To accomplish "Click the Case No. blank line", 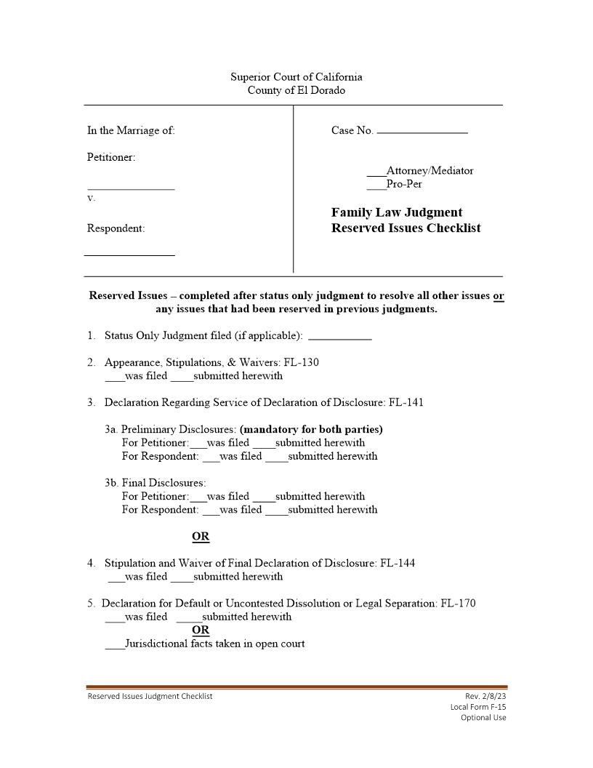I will pyautogui.click(x=422, y=132).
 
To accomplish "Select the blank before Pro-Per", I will pyautogui.click(x=376, y=187).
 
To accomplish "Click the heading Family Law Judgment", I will pyautogui.click(x=397, y=212).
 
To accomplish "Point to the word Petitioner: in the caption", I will pyautogui.click(x=111, y=157).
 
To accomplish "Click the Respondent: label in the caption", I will pyautogui.click(x=116, y=228).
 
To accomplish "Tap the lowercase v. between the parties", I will pyautogui.click(x=91, y=198).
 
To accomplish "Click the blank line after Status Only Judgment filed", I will pyautogui.click(x=339, y=338).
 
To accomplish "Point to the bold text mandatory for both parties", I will pyautogui.click(x=311, y=429).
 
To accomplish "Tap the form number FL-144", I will pyautogui.click(x=398, y=563).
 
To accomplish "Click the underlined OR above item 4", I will pyautogui.click(x=201, y=537).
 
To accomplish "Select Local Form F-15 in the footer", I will pyautogui.click(x=478, y=707).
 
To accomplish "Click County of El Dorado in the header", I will pyautogui.click(x=296, y=90).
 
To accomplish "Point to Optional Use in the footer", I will pyautogui.click(x=483, y=718).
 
